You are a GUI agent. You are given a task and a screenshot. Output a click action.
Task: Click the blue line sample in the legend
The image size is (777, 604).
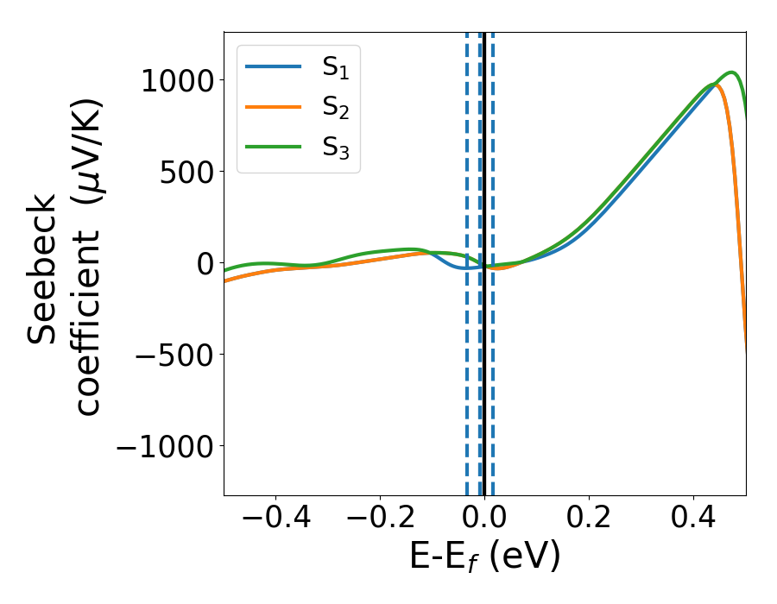coord(274,66)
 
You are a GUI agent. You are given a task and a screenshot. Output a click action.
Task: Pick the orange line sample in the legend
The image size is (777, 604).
coord(274,107)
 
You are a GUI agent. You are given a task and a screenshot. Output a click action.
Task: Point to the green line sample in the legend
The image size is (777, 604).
coord(274,148)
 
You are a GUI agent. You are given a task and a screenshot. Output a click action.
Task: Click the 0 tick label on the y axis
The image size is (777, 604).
coord(204,263)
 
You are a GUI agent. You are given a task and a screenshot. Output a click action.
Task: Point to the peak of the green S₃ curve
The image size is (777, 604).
coord(731,72)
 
